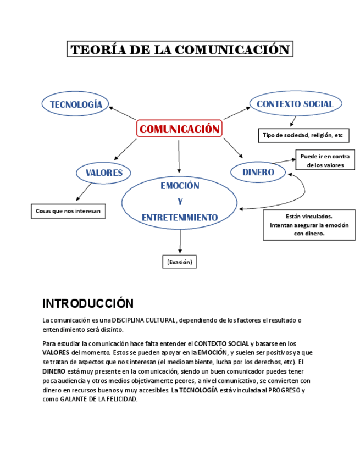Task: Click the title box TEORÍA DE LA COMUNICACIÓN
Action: pos(180,49)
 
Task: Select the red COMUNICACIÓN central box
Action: pos(179,129)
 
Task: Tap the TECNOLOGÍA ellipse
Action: pos(76,104)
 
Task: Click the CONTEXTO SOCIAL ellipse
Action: pos(295,103)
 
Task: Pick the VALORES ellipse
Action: pos(103,173)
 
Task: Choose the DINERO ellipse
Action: pos(258,172)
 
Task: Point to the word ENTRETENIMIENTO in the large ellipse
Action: pos(180,218)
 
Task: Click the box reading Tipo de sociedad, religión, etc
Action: pos(303,135)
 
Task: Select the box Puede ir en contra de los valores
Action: pos(325,160)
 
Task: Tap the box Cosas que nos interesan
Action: pos(68,210)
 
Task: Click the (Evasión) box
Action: pos(180,262)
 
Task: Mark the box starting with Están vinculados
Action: pos(309,225)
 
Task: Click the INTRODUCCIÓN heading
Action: pos(88,303)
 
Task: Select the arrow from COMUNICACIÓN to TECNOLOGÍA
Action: pos(122,113)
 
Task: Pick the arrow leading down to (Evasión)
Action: pos(180,241)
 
